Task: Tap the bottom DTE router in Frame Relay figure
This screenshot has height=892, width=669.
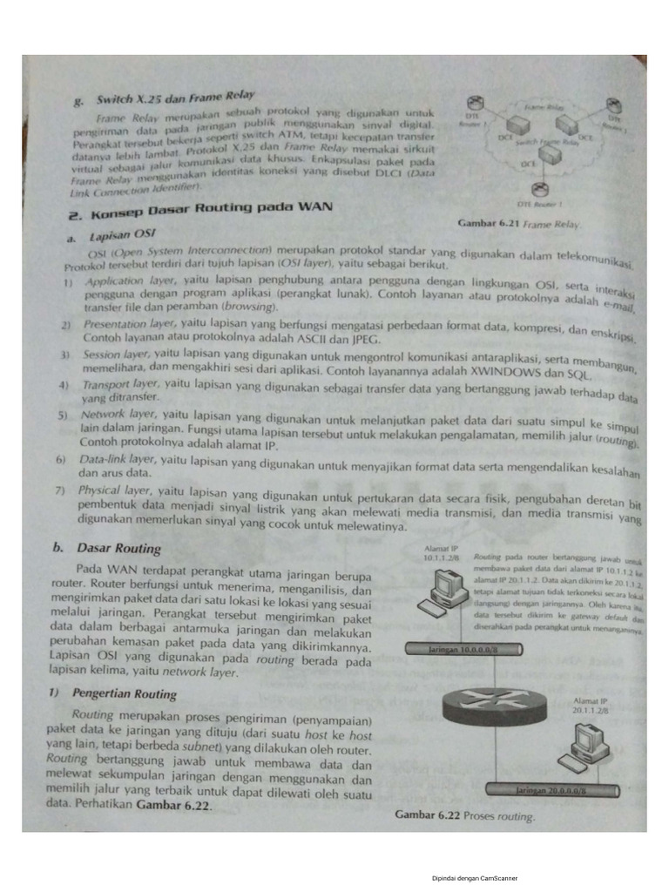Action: (542, 191)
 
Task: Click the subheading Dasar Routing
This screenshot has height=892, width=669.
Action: (118, 548)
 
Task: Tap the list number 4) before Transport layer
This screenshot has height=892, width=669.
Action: (63, 385)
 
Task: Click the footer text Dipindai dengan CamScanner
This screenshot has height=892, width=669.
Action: (474, 878)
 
